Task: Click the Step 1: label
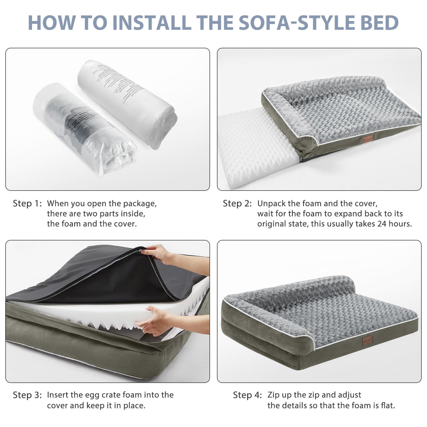[27, 204]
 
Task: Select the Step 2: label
[237, 204]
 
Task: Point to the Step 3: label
[27, 395]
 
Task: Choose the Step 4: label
[247, 395]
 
